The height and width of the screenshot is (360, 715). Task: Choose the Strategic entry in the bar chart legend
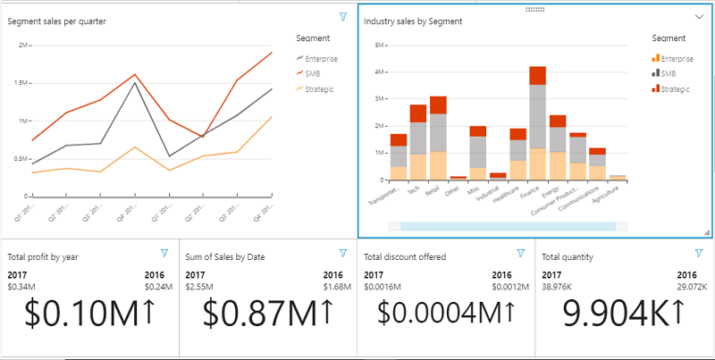pos(677,88)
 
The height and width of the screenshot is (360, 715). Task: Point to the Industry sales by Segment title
pos(413,21)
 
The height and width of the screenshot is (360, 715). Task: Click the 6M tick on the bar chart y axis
pos(379,45)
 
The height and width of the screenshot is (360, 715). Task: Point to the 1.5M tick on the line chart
pos(21,82)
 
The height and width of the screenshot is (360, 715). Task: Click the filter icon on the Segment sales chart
pos(343,17)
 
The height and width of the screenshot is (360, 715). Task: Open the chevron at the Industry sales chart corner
pos(700,17)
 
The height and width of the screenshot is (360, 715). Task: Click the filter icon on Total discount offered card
pos(521,254)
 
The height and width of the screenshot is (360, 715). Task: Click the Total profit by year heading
pos(43,257)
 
